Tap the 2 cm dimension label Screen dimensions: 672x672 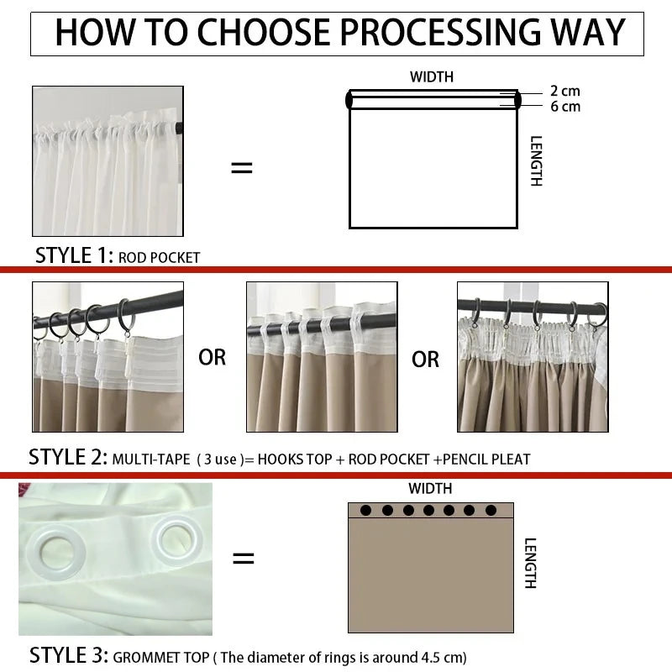coord(564,91)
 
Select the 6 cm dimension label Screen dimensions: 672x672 coord(565,107)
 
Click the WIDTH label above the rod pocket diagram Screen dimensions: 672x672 coord(432,77)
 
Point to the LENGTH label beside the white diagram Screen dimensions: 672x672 coord(536,161)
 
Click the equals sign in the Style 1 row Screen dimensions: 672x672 coord(242,167)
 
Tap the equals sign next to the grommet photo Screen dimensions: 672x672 coord(243,558)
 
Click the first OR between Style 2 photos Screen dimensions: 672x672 coord(213,358)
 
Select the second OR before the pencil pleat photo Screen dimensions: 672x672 coord(425,360)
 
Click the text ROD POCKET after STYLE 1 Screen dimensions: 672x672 coord(159,258)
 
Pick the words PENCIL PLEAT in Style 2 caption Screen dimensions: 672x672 coord(486,459)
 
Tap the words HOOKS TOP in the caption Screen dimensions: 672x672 coord(295,459)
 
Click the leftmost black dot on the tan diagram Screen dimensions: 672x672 coord(365,510)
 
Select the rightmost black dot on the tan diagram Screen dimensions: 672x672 coord(491,510)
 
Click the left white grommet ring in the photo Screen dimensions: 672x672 coord(55,551)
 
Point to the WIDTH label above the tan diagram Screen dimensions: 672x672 coord(430,489)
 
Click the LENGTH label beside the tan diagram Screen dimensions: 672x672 coord(530,563)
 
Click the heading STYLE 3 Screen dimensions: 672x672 coord(69,655)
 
